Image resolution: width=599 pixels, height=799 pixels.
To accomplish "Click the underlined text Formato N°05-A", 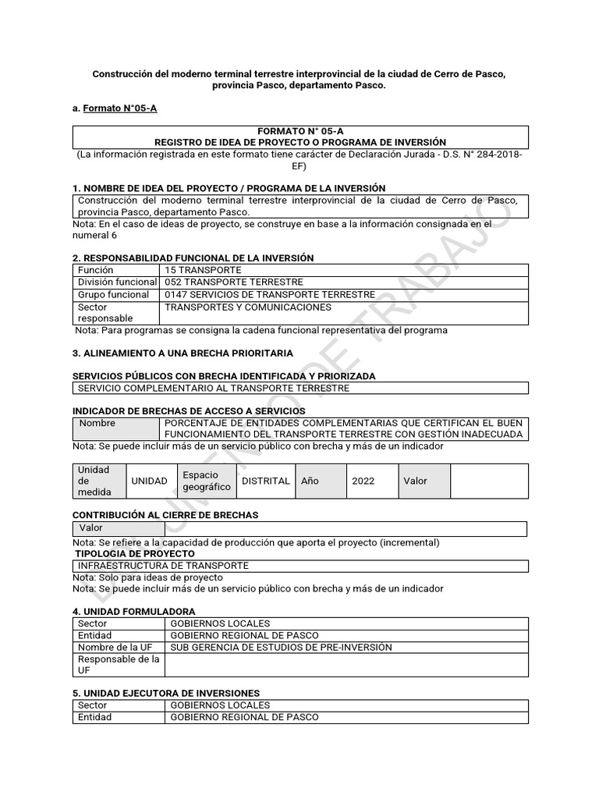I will [x=119, y=108].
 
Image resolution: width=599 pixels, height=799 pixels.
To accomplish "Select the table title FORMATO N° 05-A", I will [x=300, y=132].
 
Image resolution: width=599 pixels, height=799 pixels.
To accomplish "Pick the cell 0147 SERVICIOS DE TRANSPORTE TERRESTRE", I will [x=270, y=295].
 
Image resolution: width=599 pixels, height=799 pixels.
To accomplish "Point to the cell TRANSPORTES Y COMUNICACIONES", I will [x=248, y=307].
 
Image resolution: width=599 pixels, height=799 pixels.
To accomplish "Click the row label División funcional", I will [x=117, y=282].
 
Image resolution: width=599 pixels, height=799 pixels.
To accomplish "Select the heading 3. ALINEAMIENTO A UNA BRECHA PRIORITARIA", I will [x=183, y=353].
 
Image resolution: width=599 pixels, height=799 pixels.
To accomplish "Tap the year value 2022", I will [x=363, y=481].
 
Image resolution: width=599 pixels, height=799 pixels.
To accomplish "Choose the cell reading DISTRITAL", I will [x=266, y=481].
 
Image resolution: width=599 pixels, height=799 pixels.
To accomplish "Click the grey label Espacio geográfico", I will [x=206, y=481].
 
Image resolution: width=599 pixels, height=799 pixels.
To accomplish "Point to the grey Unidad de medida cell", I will [x=99, y=481].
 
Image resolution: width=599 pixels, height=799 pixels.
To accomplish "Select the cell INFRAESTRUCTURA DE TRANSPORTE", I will [x=162, y=566].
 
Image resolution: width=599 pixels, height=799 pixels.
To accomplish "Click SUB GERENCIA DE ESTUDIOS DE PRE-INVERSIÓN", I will [x=281, y=648].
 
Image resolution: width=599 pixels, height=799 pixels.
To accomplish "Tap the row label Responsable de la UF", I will [x=117, y=665].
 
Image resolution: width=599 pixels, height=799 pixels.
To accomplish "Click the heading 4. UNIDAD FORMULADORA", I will [x=133, y=611].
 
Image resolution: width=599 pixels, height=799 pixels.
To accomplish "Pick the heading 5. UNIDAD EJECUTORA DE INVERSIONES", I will [x=166, y=693].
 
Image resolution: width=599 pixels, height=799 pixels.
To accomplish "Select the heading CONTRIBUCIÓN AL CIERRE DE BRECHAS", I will [x=165, y=515].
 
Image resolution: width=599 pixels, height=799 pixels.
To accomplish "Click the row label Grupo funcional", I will [x=113, y=295].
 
